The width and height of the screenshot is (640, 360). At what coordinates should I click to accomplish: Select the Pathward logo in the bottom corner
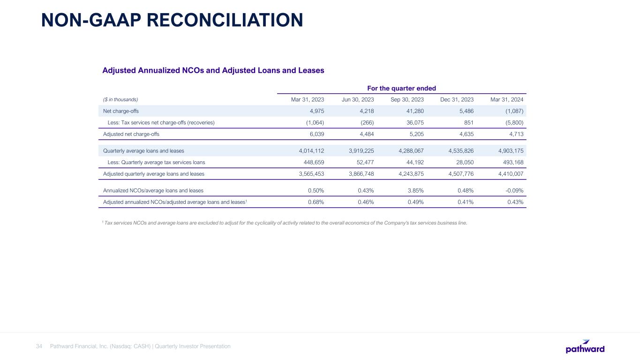(585, 346)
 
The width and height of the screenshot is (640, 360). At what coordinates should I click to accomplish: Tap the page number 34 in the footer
(39, 346)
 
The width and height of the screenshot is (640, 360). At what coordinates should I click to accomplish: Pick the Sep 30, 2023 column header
(407, 99)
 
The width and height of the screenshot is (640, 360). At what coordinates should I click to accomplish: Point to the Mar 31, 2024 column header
(507, 99)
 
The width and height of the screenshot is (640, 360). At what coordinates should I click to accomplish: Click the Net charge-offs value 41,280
(414, 111)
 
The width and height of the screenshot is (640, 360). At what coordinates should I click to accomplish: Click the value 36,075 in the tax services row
(414, 122)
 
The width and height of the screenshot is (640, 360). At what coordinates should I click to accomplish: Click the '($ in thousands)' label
(120, 99)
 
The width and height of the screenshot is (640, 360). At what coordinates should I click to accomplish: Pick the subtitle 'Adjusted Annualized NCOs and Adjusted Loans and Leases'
(213, 70)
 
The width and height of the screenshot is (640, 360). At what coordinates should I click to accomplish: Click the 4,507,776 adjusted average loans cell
(458, 174)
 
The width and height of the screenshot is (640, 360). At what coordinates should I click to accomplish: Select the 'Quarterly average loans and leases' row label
(143, 151)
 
